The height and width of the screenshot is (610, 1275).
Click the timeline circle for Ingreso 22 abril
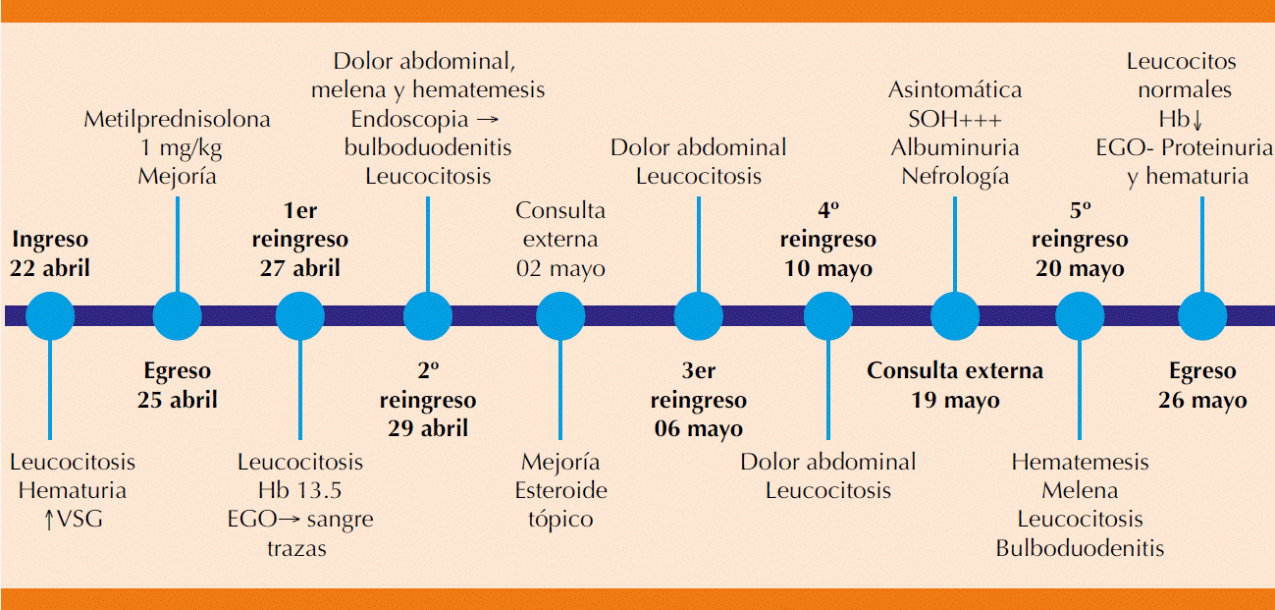49,315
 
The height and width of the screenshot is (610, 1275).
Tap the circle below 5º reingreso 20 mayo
1079,315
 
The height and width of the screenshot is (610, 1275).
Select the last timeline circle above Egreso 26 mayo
1202,315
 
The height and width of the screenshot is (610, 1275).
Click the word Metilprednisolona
177,120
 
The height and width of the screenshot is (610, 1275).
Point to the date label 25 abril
177,400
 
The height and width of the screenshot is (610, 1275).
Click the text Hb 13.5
299,490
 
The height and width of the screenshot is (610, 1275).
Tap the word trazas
296,548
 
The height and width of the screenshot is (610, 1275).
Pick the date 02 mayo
560,268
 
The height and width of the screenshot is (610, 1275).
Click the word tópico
560,519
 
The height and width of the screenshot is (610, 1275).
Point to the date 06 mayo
698,429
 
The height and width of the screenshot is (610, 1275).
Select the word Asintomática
955,90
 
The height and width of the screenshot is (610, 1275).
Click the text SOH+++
955,119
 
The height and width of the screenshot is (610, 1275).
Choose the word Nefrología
955,177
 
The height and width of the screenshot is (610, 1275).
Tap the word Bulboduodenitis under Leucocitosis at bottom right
1080,548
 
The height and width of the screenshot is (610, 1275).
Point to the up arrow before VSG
49,520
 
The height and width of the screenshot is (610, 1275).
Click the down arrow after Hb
1196,120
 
